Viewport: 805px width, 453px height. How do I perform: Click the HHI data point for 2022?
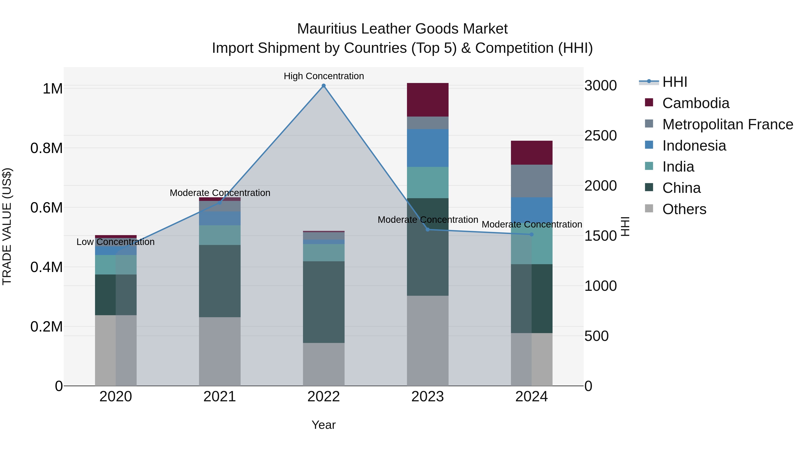pos(324,86)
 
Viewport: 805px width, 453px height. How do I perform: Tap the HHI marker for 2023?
pos(428,230)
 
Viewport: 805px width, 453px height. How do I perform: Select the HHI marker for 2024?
pos(532,234)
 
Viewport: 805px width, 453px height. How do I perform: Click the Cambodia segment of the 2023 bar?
pos(428,100)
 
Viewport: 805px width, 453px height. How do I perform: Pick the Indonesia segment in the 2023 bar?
pos(428,148)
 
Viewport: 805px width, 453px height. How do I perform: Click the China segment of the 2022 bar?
pos(324,302)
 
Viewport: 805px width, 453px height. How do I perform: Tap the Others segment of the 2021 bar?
pos(220,351)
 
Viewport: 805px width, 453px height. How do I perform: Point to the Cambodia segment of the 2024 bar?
pos(532,153)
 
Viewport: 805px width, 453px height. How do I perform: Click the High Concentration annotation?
pos(324,76)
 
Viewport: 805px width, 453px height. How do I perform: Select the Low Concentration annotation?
pos(115,242)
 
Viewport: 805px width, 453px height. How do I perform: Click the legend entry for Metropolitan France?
pos(727,124)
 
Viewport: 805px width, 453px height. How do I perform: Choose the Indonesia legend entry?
pos(694,146)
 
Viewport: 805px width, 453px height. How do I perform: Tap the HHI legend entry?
pos(674,82)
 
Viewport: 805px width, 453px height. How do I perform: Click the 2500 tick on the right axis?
pos(601,136)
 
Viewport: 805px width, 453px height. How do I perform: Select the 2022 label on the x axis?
pos(324,397)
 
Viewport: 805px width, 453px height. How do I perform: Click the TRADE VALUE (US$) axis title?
pos(7,226)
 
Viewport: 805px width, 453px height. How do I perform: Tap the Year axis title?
pos(324,425)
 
